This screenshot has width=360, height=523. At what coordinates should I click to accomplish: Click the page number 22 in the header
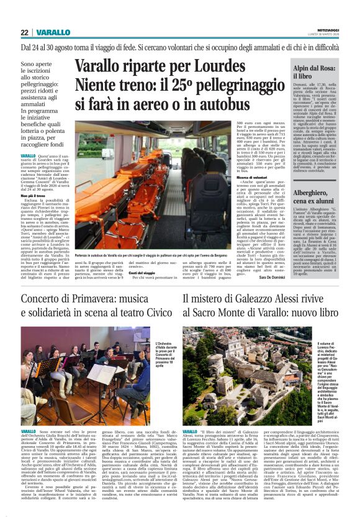24,32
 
